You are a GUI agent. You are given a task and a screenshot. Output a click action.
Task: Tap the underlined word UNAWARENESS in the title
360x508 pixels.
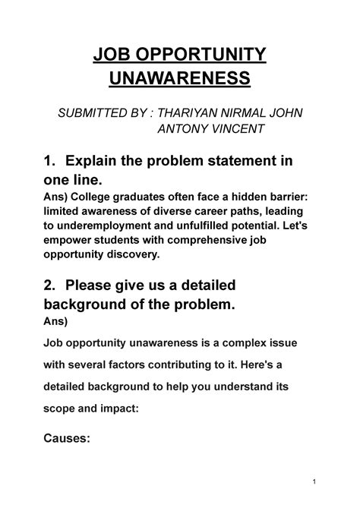(180, 78)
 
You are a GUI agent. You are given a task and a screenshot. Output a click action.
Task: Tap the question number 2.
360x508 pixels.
(49, 286)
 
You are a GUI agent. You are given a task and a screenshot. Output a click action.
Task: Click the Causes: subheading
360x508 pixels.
(68, 438)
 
